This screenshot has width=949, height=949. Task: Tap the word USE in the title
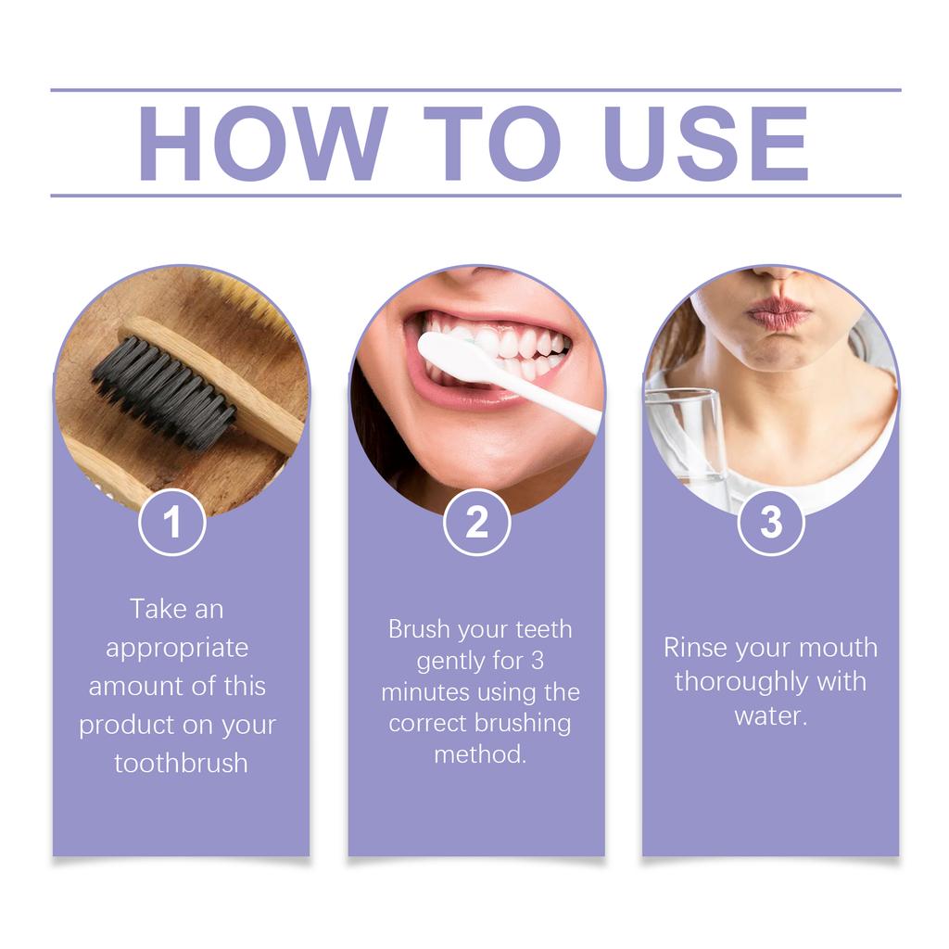[705, 144]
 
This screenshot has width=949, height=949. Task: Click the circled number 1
[172, 523]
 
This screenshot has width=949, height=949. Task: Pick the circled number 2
[476, 523]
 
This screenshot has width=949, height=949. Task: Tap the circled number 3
[771, 523]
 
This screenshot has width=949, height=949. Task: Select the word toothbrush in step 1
[181, 764]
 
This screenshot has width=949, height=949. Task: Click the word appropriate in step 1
[177, 648]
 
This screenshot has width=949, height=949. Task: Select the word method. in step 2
[480, 754]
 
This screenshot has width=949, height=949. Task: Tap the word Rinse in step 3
[695, 648]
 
